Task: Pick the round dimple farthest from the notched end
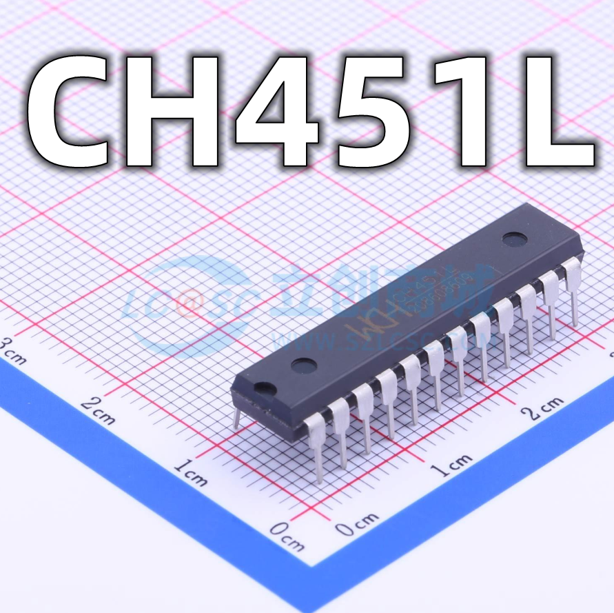(513, 239)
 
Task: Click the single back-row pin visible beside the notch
(236, 418)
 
